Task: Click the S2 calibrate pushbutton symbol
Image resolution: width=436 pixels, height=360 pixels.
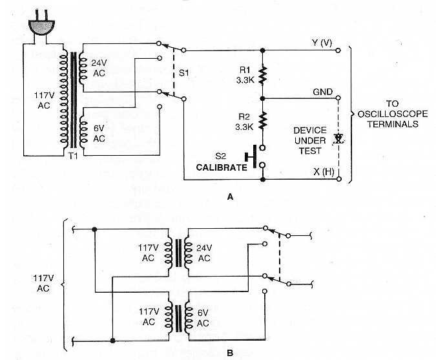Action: (254, 156)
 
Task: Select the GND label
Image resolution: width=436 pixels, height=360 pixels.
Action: (324, 92)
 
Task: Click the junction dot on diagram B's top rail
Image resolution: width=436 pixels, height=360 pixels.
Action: (94, 229)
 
